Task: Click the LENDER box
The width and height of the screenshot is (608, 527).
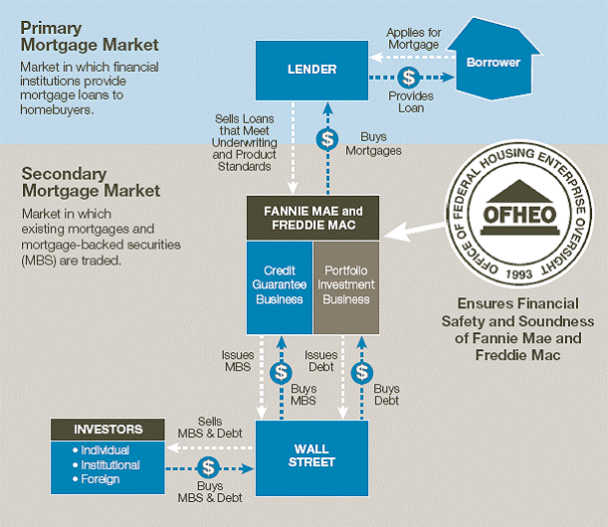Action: tap(310, 69)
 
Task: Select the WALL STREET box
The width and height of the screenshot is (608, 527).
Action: tap(311, 455)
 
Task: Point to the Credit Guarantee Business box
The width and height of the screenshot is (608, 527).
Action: tap(280, 285)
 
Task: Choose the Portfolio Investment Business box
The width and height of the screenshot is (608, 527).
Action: tap(345, 285)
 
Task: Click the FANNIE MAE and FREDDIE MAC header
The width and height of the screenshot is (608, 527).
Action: tap(312, 218)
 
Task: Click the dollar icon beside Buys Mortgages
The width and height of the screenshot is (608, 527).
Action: tap(324, 139)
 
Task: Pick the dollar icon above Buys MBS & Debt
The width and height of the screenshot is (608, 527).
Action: tap(208, 466)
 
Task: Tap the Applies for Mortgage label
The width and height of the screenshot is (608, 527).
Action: tap(414, 38)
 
